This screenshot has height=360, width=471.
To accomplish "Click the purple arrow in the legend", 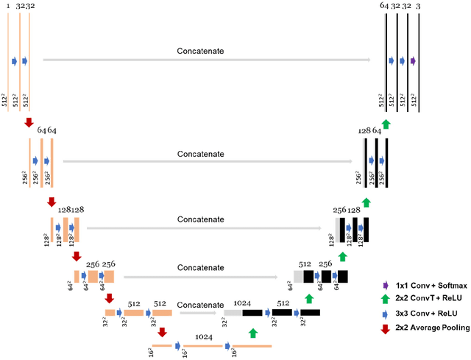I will pos(386,284).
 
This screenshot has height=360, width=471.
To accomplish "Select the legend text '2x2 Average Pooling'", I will pos(431,328).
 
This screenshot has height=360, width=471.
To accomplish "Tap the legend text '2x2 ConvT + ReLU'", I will pos(427,298).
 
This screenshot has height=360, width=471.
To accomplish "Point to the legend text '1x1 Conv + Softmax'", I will pos(430,284).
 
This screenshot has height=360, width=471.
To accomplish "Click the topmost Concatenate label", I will pos(200,52).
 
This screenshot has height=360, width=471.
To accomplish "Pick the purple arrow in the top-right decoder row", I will pos(413,61).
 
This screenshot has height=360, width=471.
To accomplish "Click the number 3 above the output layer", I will pos(418,6).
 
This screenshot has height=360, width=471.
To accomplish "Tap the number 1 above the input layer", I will pos(9,6).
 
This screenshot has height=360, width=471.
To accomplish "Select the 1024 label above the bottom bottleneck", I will pos(203,336).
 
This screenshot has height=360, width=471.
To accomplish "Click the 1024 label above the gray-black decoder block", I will pos(242,302).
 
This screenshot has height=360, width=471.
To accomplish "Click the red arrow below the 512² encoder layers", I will pos(29,121).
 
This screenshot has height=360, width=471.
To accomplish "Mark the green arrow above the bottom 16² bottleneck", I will pos(253,333).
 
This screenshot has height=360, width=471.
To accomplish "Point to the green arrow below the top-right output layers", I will pos(385,123).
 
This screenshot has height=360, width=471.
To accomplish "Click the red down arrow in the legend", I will pos(385,328).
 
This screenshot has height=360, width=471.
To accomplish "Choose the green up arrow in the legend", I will pos(385,298).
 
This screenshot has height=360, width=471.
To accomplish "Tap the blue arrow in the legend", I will pos(385,313).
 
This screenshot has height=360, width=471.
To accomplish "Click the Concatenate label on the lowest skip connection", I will pos(200,304).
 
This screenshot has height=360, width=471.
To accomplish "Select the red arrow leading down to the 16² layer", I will pos(162,332).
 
